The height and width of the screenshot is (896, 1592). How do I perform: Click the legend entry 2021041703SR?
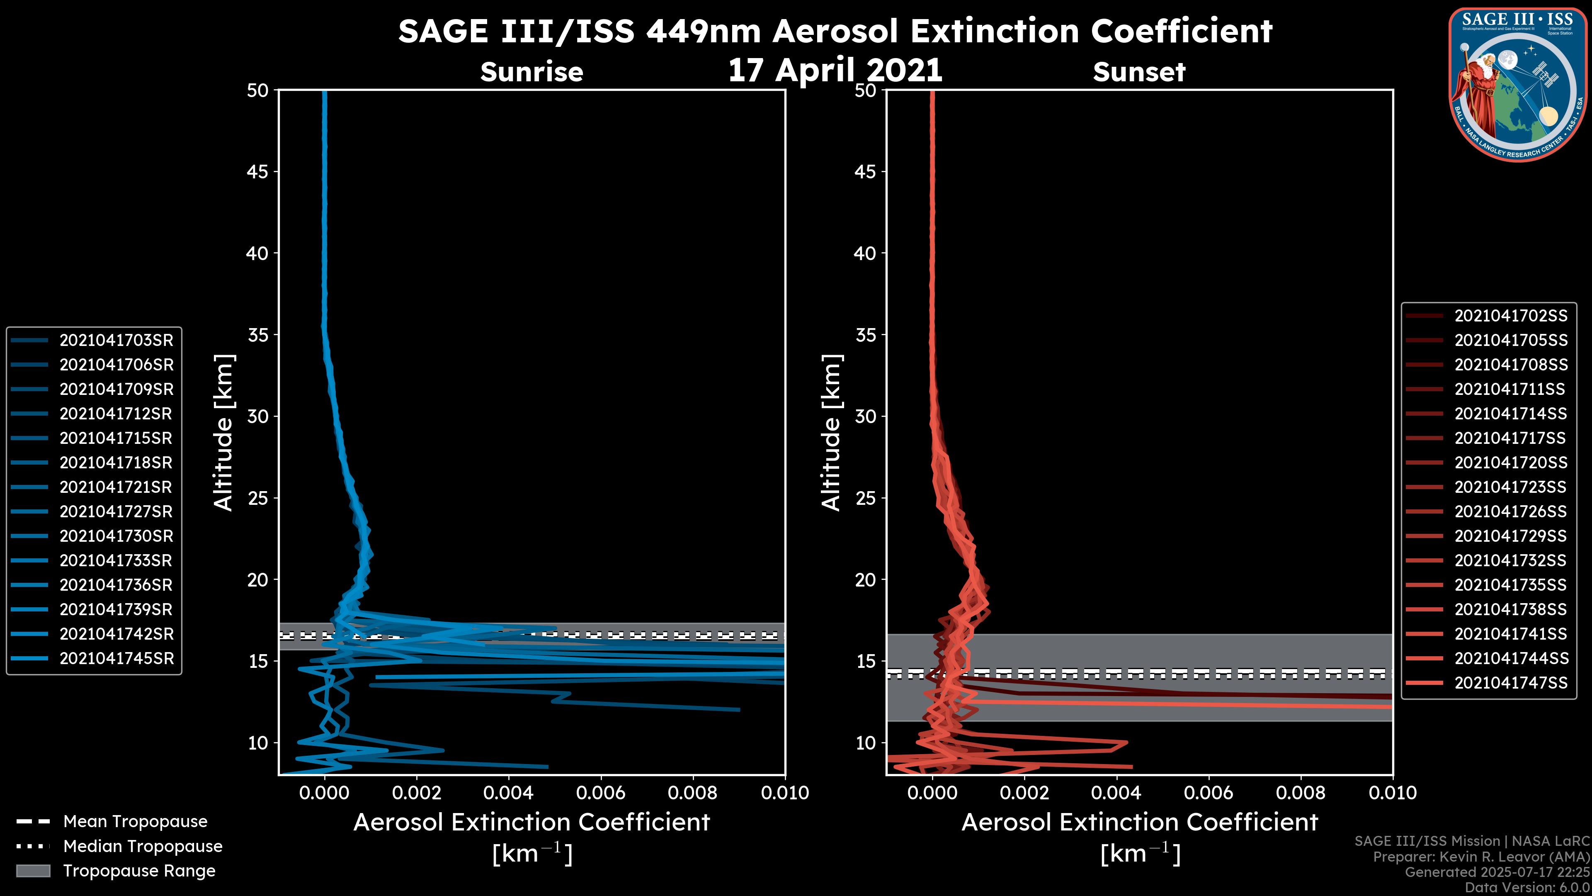(116, 340)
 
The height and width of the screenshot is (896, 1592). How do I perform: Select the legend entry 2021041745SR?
(116, 658)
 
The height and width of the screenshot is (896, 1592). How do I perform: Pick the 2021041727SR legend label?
(116, 511)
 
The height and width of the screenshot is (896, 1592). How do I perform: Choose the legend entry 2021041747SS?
(1510, 683)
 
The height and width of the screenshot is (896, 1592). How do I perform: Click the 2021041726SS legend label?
(1510, 511)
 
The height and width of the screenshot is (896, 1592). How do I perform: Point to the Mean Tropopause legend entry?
(135, 821)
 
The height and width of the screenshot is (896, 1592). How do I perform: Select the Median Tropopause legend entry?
(142, 846)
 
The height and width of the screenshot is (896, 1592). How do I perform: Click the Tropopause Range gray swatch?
(33, 871)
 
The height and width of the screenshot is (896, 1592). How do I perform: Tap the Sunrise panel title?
(531, 72)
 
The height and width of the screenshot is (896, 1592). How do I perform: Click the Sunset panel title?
(1139, 72)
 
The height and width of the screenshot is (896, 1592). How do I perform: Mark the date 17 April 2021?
(835, 70)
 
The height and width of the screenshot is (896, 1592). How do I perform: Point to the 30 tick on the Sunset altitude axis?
(865, 416)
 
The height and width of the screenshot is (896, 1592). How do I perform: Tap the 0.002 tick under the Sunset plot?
(1024, 793)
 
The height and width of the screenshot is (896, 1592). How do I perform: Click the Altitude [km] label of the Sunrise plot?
(224, 432)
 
